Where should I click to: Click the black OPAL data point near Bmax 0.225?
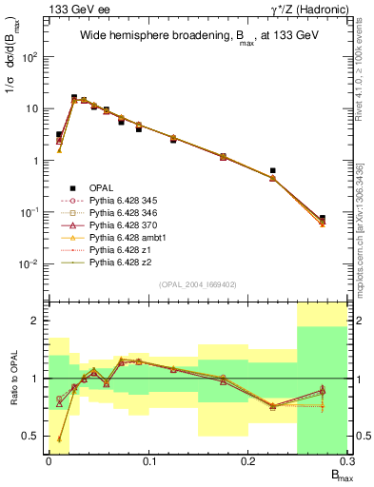tap(273, 171)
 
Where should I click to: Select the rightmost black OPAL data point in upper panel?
tap(323, 219)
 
